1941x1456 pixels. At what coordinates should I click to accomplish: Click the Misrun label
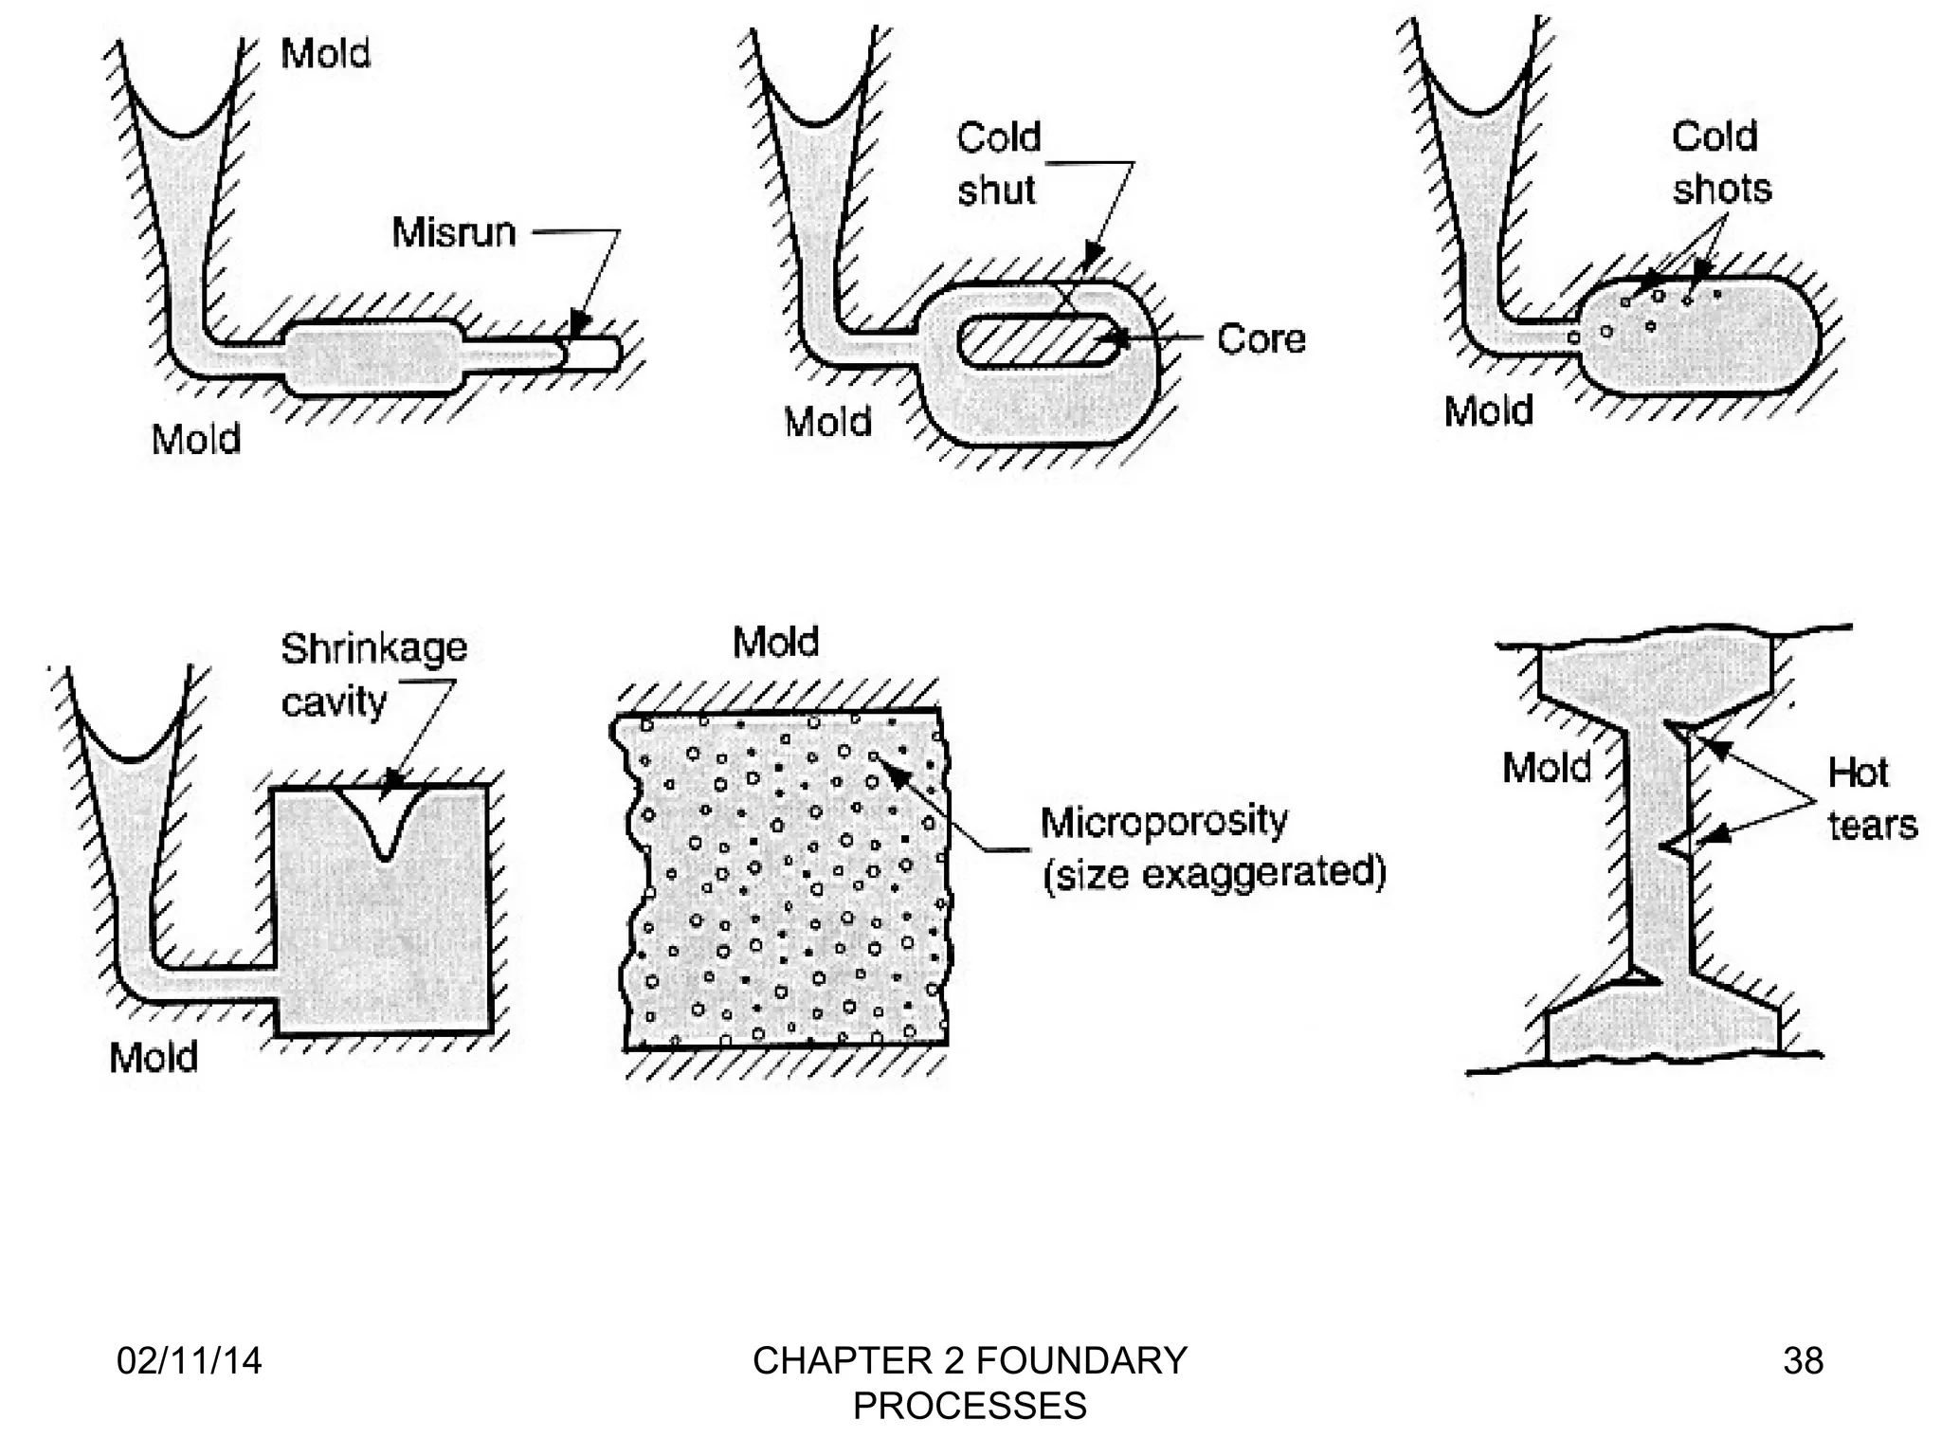pyautogui.click(x=454, y=232)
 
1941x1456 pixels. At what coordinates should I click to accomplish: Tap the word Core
pyautogui.click(x=1261, y=338)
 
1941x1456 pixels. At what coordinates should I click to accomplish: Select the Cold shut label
pyautogui.click(x=998, y=164)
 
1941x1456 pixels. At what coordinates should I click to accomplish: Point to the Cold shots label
pyautogui.click(x=1720, y=163)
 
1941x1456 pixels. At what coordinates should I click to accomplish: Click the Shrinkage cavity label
pyautogui.click(x=373, y=674)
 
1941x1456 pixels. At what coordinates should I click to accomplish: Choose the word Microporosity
pyautogui.click(x=1164, y=821)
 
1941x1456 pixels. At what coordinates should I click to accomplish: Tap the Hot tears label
pyautogui.click(x=1871, y=798)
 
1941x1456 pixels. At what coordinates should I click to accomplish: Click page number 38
pyautogui.click(x=1803, y=1360)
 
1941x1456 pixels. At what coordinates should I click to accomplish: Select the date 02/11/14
pyautogui.click(x=189, y=1360)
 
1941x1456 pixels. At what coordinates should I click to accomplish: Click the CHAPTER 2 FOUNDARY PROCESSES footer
pyautogui.click(x=970, y=1382)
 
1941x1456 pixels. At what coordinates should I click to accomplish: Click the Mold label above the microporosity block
pyautogui.click(x=775, y=642)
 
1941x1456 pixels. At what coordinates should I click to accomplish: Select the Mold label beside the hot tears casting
pyautogui.click(x=1546, y=767)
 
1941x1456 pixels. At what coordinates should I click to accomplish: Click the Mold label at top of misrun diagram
pyautogui.click(x=325, y=53)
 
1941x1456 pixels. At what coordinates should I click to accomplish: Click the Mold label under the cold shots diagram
pyautogui.click(x=1488, y=411)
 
